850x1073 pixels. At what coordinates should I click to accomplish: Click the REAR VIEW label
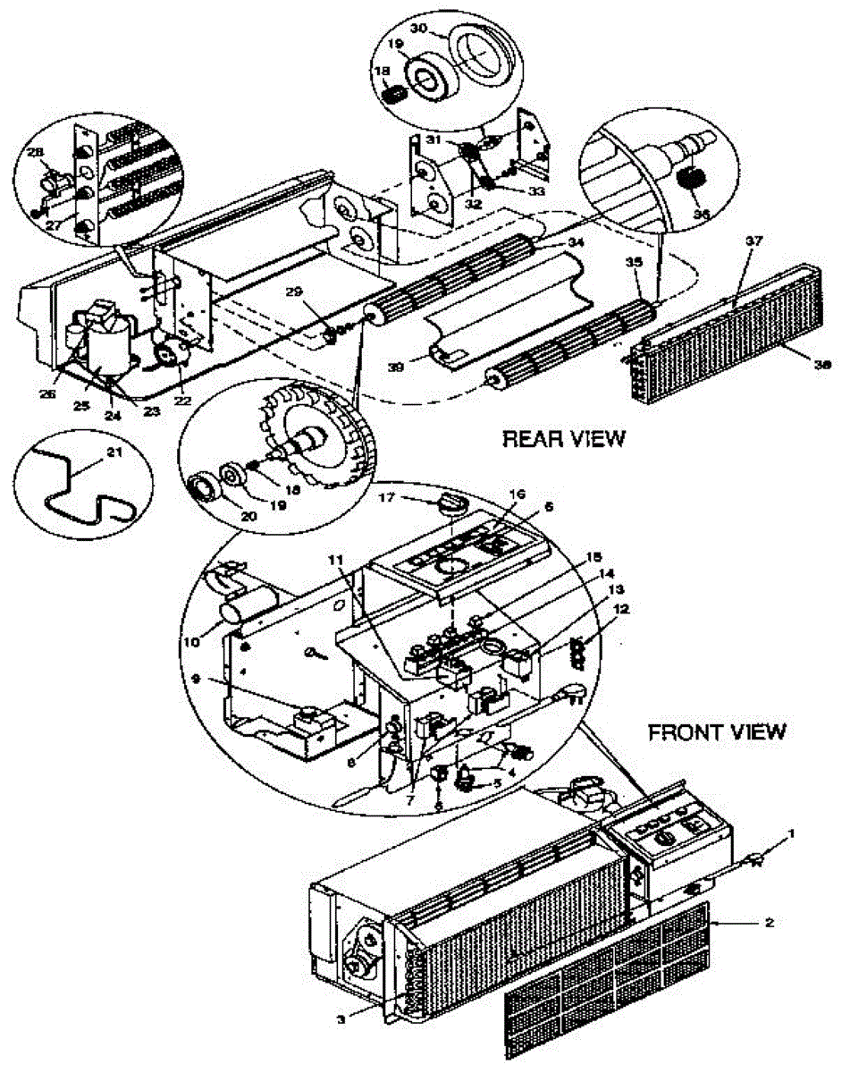564,439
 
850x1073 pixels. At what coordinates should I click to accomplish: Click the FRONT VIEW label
717,732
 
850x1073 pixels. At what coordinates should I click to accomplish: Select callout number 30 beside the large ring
417,28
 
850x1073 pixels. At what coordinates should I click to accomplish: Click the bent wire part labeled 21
76,487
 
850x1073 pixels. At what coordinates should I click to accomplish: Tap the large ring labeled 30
476,54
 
